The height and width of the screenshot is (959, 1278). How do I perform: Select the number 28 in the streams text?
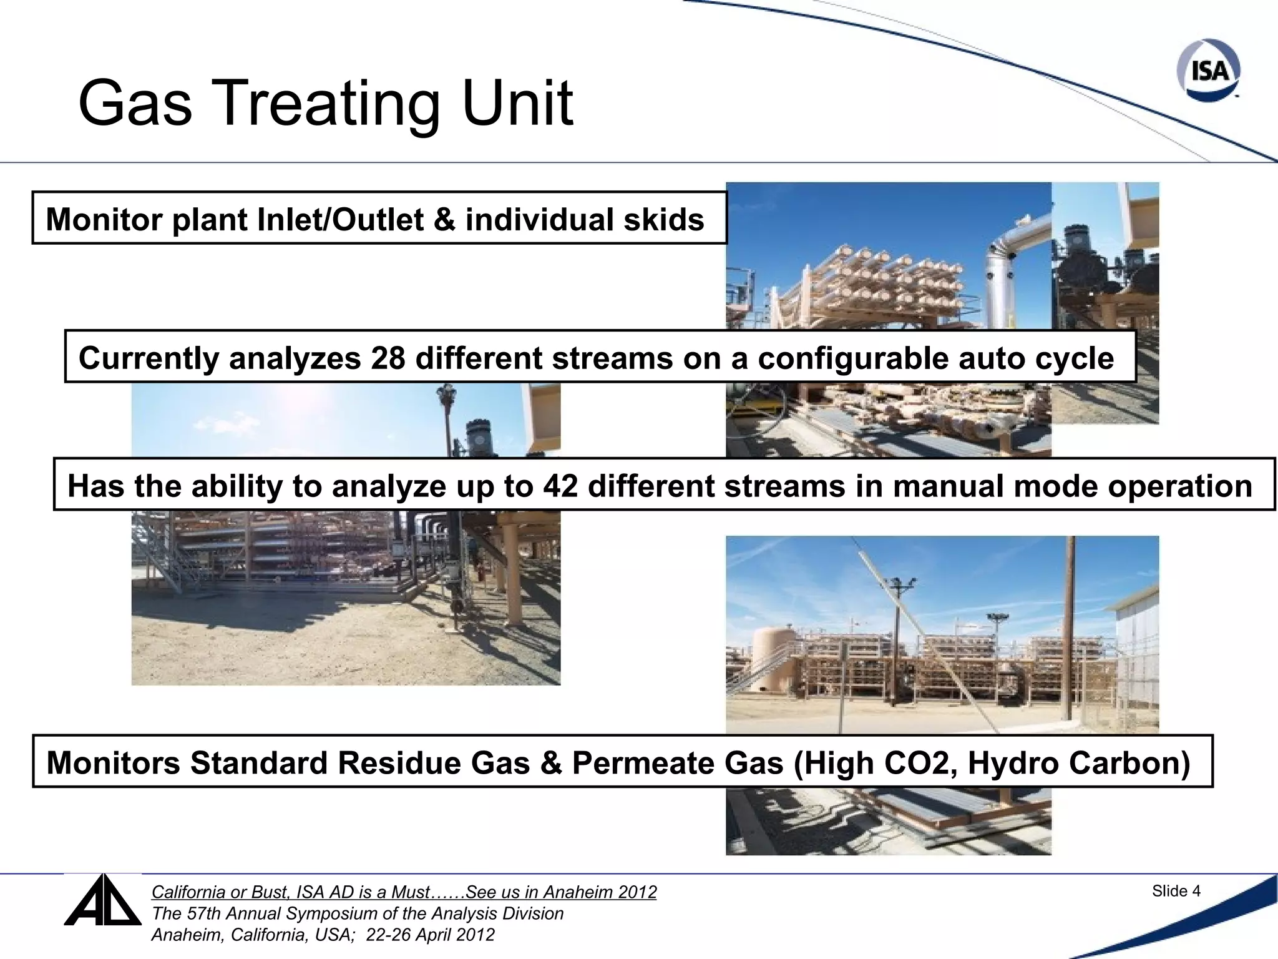pos(388,358)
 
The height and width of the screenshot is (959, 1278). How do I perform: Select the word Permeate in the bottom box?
pos(677,763)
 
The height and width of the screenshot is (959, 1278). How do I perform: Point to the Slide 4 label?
pos(1176,891)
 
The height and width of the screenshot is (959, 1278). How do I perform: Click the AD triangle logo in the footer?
pos(102,901)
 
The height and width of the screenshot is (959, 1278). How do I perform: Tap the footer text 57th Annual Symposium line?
pos(357,913)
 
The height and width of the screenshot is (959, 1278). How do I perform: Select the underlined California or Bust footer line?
pos(404,892)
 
